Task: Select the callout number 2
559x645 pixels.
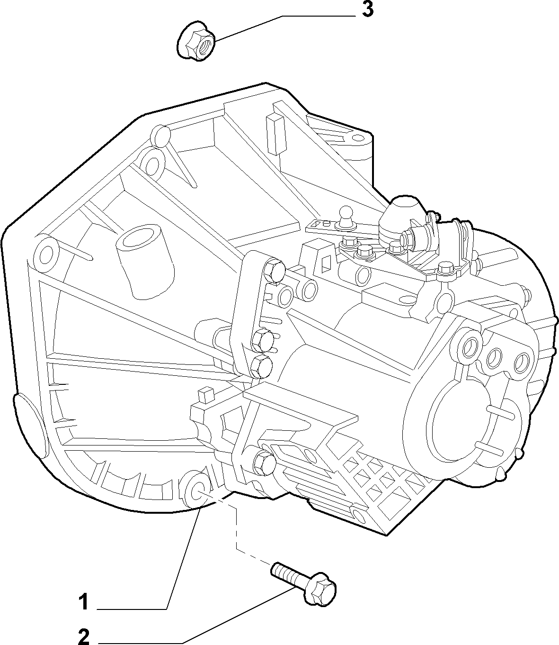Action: (x=84, y=636)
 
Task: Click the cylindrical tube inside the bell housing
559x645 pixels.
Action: (x=146, y=261)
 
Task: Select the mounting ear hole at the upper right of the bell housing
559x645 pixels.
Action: (x=357, y=138)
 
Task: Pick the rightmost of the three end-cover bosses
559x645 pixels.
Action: (x=522, y=362)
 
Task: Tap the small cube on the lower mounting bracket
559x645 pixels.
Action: (x=206, y=395)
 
